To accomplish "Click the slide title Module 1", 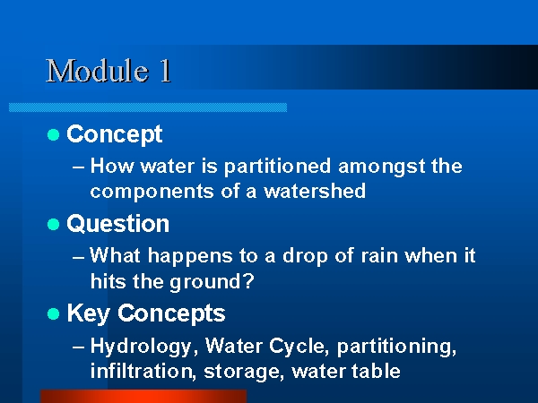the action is (x=108, y=71).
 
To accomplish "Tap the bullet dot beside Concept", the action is (x=53, y=134).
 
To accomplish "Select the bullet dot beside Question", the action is (x=53, y=225).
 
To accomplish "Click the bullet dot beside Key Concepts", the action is (x=53, y=314).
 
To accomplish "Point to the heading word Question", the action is (x=118, y=224).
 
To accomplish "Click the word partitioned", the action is (x=277, y=167).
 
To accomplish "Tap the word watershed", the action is (x=315, y=191).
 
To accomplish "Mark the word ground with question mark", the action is (x=212, y=282).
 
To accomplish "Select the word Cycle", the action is (x=297, y=346).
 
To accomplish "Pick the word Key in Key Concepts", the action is (x=88, y=314).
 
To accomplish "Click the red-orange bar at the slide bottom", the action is (x=143, y=396).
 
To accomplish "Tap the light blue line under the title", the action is (x=148, y=107).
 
